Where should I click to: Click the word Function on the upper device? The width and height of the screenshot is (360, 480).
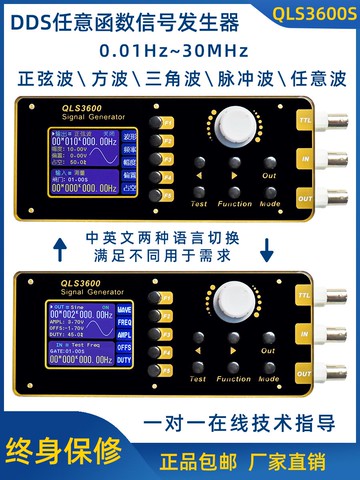[x=235, y=203]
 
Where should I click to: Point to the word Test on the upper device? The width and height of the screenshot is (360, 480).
[x=198, y=203]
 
